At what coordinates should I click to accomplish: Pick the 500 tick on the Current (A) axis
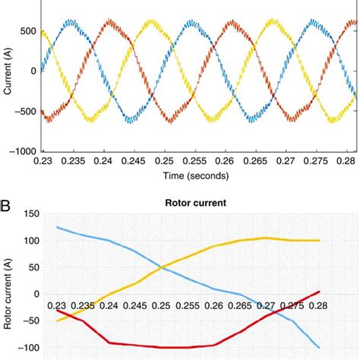click(x=28, y=31)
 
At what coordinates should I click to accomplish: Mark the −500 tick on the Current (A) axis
click(x=26, y=111)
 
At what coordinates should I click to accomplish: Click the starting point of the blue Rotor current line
click(x=57, y=227)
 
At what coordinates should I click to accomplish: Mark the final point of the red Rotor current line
click(x=319, y=292)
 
